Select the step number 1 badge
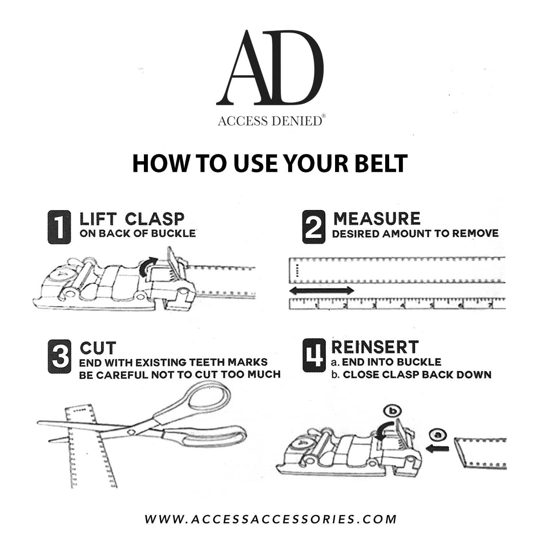(59, 227)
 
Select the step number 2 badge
(313, 227)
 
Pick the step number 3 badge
(59, 357)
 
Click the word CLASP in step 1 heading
(155, 219)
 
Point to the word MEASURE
(377, 219)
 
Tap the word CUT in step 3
(98, 348)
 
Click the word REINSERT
(375, 347)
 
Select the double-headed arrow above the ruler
(322, 290)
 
